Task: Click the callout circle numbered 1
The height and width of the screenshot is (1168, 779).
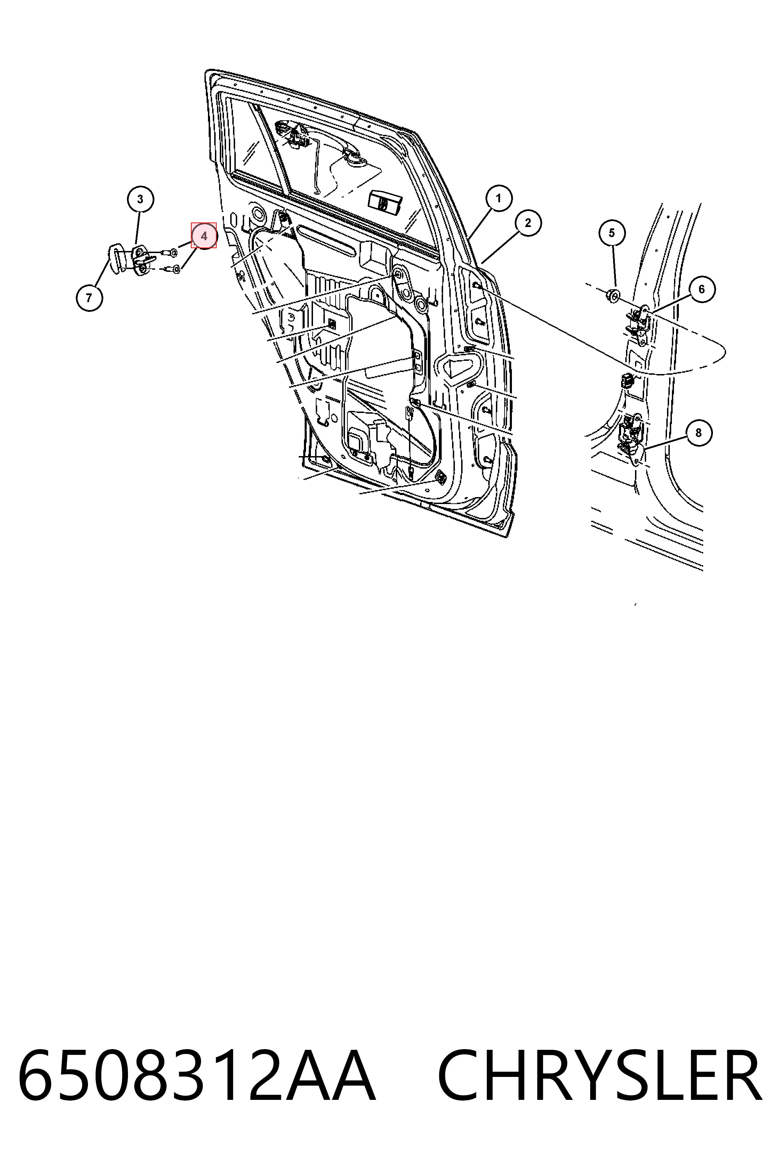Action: [498, 198]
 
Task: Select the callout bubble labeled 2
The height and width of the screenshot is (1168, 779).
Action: [528, 223]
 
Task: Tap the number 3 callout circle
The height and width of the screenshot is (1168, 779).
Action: [140, 199]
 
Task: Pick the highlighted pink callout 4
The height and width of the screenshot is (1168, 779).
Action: [204, 236]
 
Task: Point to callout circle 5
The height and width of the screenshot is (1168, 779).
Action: [612, 233]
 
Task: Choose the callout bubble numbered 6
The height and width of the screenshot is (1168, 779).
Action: [701, 289]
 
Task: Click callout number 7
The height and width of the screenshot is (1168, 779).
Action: [89, 298]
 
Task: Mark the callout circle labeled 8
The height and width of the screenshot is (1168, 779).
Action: [699, 432]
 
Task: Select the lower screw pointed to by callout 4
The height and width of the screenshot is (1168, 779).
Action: [172, 270]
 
